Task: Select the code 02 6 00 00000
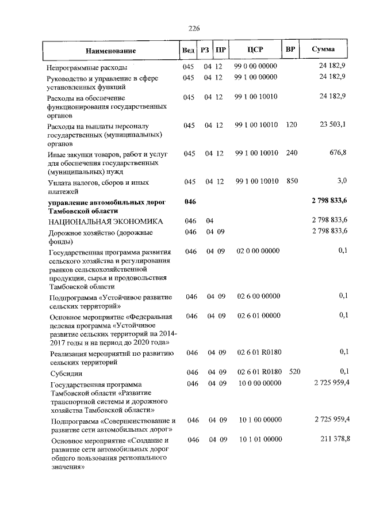click(258, 296)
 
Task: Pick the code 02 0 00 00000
click(258, 251)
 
